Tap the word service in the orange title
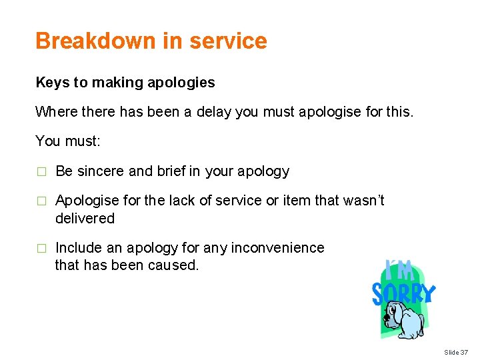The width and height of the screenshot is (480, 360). [x=228, y=41]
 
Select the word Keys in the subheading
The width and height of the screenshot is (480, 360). [x=53, y=83]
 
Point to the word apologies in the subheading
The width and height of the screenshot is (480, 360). [x=183, y=83]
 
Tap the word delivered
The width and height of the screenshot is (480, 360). [x=85, y=219]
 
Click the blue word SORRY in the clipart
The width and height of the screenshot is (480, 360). [x=403, y=293]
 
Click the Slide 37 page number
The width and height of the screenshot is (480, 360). [x=456, y=351]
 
